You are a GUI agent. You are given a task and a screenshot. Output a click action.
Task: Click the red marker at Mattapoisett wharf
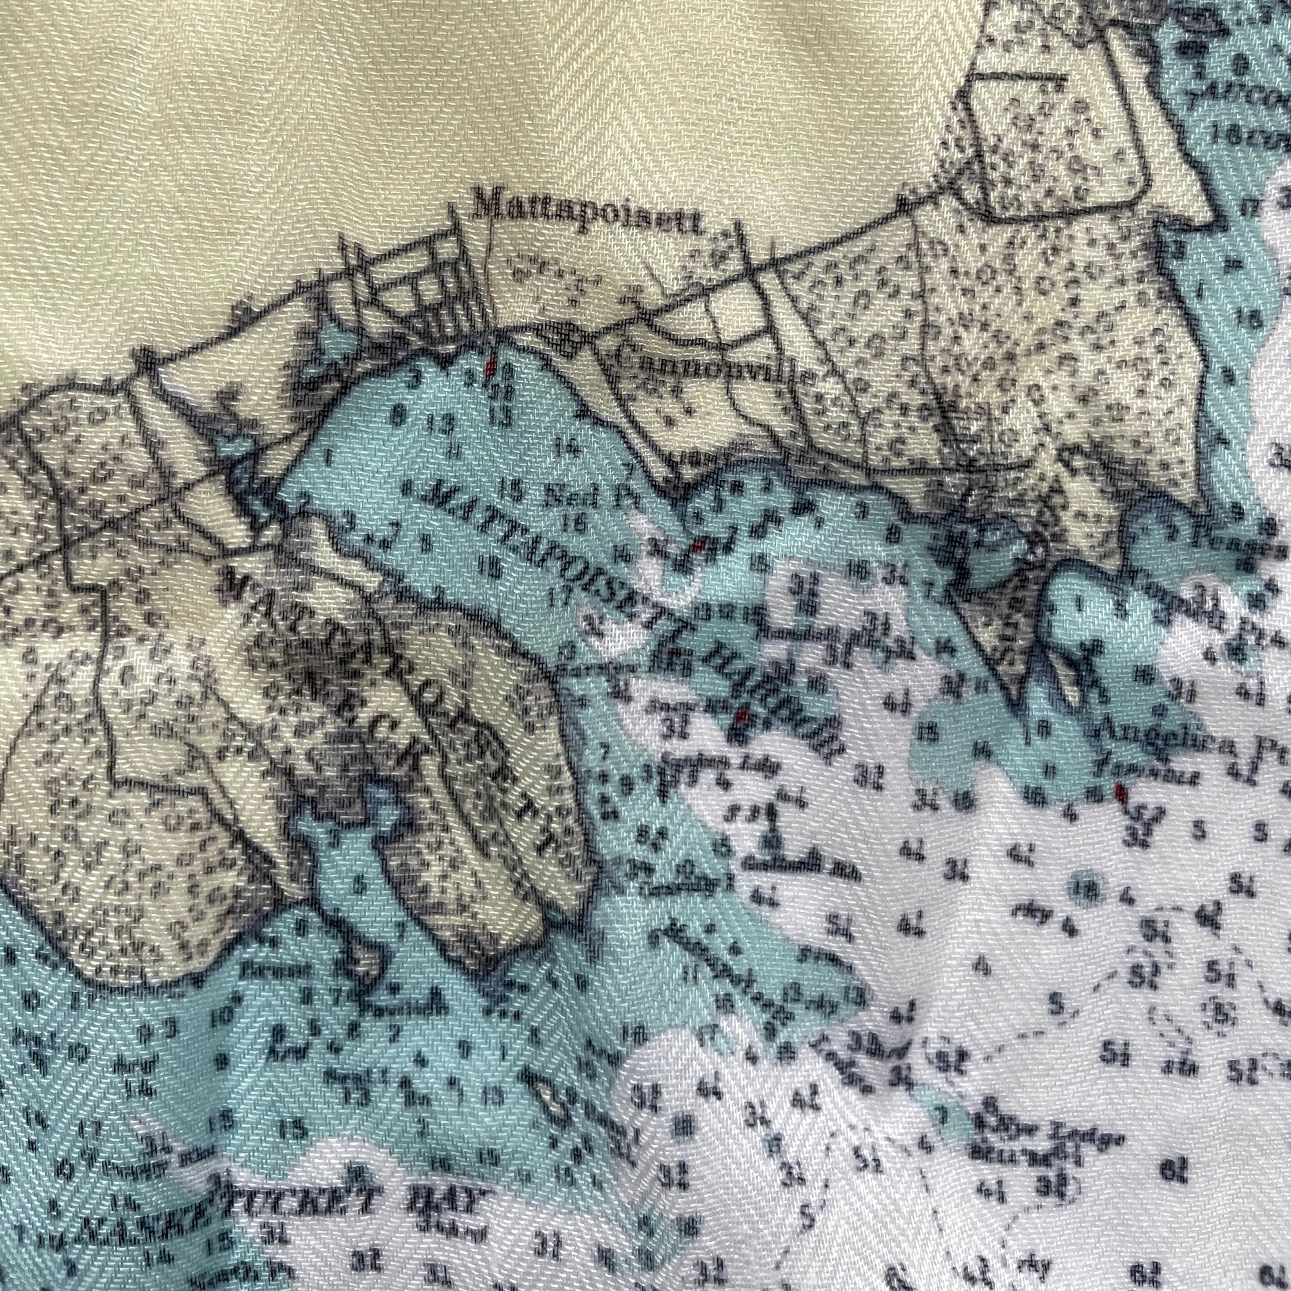[x=491, y=366]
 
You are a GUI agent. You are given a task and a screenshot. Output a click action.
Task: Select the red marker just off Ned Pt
[x=698, y=546]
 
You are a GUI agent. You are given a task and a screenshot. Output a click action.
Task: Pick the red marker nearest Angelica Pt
[x=1120, y=793]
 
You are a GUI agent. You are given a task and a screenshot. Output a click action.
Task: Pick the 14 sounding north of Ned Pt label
[x=573, y=450]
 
